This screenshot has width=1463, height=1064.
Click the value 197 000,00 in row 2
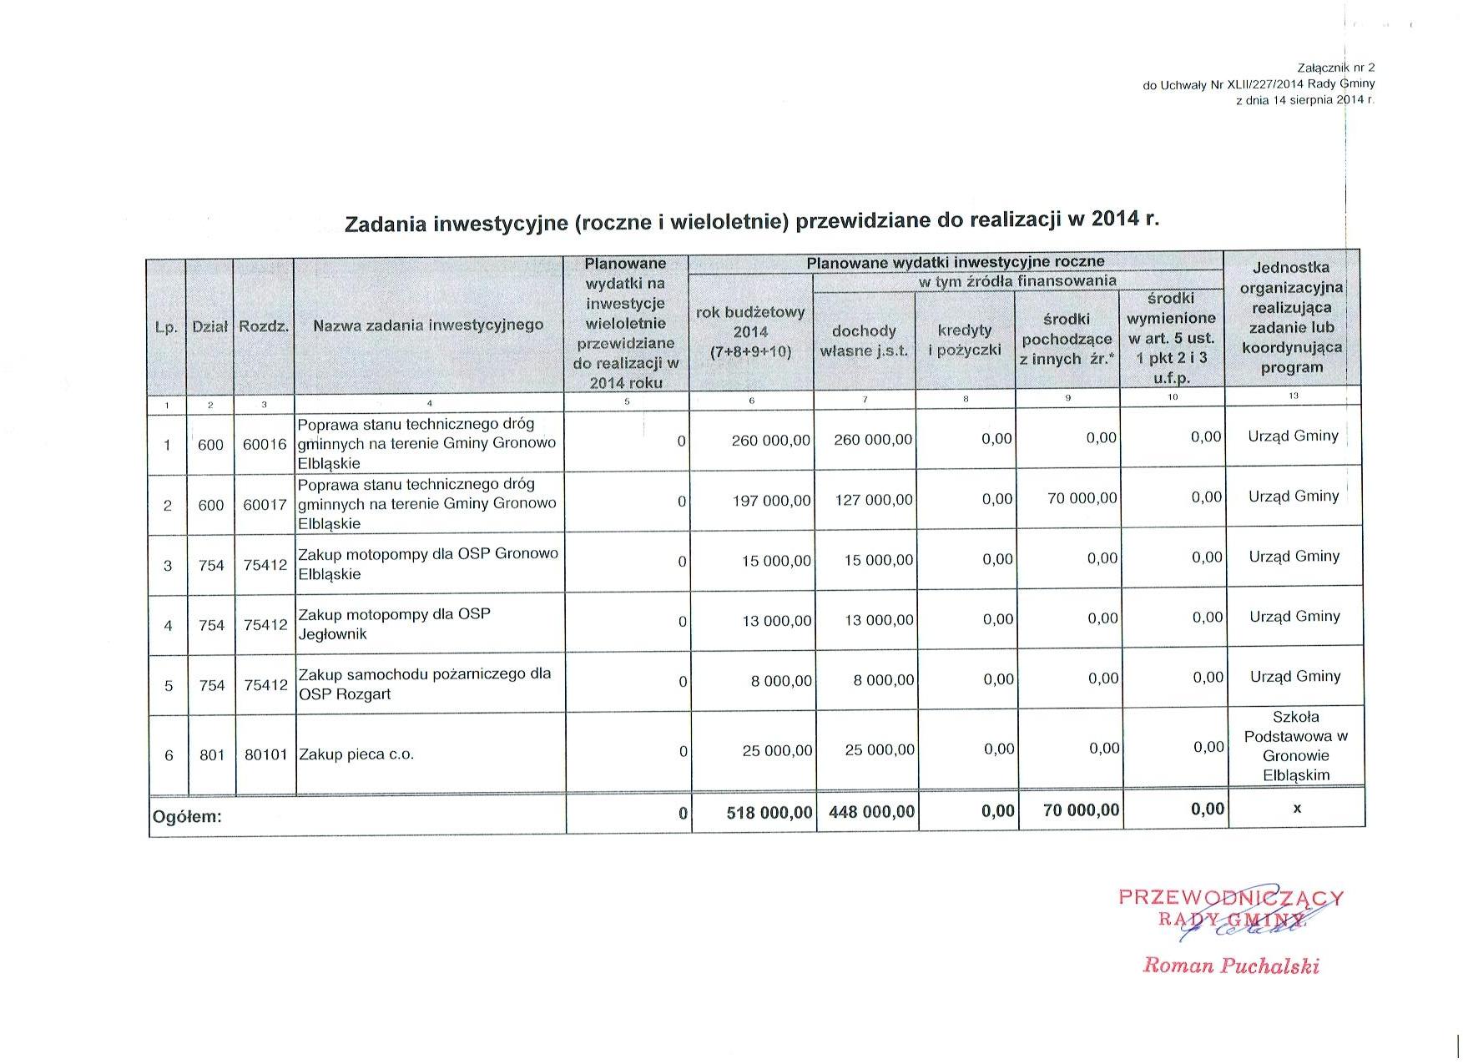pyautogui.click(x=770, y=501)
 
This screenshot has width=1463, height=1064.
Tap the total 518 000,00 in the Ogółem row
pyautogui.click(x=769, y=811)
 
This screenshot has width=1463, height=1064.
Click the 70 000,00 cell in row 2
pyautogui.click(x=1082, y=499)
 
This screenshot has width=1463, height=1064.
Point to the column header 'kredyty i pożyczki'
pyautogui.click(x=965, y=340)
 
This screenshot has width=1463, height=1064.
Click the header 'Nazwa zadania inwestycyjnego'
pyautogui.click(x=428, y=325)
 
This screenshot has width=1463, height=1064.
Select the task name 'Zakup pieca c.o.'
pyautogui.click(x=356, y=754)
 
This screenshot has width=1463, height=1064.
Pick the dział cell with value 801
pyautogui.click(x=212, y=754)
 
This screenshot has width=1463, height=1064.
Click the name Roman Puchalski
pyautogui.click(x=1230, y=966)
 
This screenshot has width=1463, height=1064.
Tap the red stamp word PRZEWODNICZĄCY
pyautogui.click(x=1230, y=898)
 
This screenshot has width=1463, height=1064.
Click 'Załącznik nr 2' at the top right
pyautogui.click(x=1335, y=68)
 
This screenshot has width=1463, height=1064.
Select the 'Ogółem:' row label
pyautogui.click(x=186, y=817)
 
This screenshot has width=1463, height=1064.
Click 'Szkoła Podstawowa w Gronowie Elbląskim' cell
pyautogui.click(x=1295, y=746)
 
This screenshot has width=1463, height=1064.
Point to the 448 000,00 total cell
pyautogui.click(x=871, y=811)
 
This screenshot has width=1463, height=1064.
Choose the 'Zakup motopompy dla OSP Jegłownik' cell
pyautogui.click(x=395, y=624)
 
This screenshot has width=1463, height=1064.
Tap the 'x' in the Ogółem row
pyautogui.click(x=1296, y=808)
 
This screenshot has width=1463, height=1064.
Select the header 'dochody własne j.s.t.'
pyautogui.click(x=864, y=340)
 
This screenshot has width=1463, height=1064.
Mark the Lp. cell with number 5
pyautogui.click(x=169, y=686)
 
